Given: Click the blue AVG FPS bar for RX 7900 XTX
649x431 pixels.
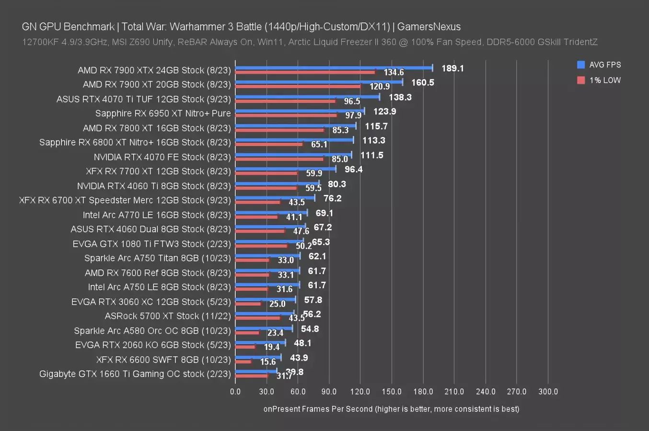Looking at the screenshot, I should (334, 68).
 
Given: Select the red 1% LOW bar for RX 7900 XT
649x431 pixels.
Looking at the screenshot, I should (298, 87).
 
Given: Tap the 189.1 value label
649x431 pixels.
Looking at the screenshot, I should (452, 68).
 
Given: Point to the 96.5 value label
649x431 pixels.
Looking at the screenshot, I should (352, 102).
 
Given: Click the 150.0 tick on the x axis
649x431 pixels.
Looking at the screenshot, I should (392, 391).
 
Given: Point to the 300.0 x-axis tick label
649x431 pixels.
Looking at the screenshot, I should (548, 391).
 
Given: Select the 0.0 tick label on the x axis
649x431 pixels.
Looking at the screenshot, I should (235, 391).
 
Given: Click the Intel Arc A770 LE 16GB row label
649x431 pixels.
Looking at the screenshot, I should (157, 215).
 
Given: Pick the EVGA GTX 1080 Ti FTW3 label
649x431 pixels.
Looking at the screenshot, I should (151, 244).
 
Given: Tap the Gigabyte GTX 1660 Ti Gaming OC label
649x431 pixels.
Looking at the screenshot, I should (135, 374).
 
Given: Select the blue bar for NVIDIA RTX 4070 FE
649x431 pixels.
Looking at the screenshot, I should (293, 155).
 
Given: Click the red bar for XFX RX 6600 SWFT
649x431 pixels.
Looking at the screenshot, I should (243, 362).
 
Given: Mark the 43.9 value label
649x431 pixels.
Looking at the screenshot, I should (299, 358).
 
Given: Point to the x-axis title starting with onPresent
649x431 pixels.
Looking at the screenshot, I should (391, 408).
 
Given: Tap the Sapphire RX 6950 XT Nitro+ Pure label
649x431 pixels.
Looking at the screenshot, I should (163, 113).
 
